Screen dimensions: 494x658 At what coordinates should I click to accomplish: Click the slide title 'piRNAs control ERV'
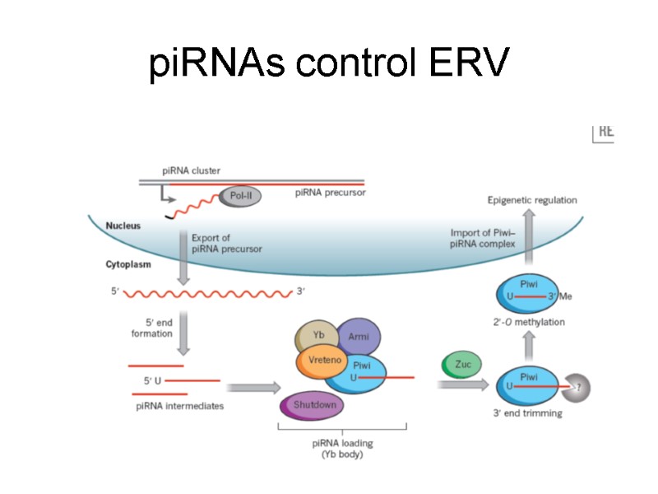[x=329, y=63]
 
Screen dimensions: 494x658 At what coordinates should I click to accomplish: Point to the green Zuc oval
[x=461, y=364]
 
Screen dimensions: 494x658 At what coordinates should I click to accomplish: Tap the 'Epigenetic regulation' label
[x=532, y=200]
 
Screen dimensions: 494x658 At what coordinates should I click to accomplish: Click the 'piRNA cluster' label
[x=191, y=170]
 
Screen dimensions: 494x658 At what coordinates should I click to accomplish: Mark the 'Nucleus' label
[x=123, y=225]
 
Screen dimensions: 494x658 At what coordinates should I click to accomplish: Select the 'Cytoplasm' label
[x=128, y=265]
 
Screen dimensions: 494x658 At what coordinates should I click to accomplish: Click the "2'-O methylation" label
[x=529, y=322]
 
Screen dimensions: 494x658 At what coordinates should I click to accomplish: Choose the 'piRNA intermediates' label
[x=179, y=405]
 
